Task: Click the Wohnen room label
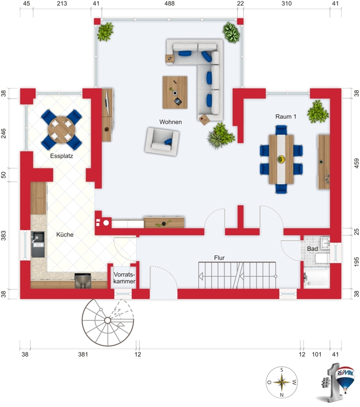pyautogui.click(x=170, y=122)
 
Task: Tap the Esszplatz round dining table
pyautogui.click(x=62, y=130)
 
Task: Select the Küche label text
pyautogui.click(x=65, y=235)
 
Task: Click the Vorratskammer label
pyautogui.click(x=124, y=278)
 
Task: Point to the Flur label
pyautogui.click(x=219, y=258)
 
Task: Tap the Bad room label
pyautogui.click(x=312, y=249)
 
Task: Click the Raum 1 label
pyautogui.click(x=286, y=117)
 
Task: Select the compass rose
pyautogui.click(x=282, y=382)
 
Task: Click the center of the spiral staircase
pyautogui.click(x=107, y=321)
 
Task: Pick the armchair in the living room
pyautogui.click(x=162, y=141)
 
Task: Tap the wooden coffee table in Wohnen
pyautogui.click(x=175, y=93)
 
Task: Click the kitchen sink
pyautogui.click(x=38, y=244)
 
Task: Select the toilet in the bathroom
pyautogui.click(x=322, y=258)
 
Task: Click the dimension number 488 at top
pyautogui.click(x=169, y=4)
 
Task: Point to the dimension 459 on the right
pyautogui.click(x=356, y=163)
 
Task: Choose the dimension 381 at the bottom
pyautogui.click(x=83, y=354)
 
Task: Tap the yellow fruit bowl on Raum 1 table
pyautogui.click(x=281, y=159)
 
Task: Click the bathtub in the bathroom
pyautogui.click(x=317, y=277)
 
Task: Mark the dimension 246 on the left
pyautogui.click(x=4, y=133)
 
